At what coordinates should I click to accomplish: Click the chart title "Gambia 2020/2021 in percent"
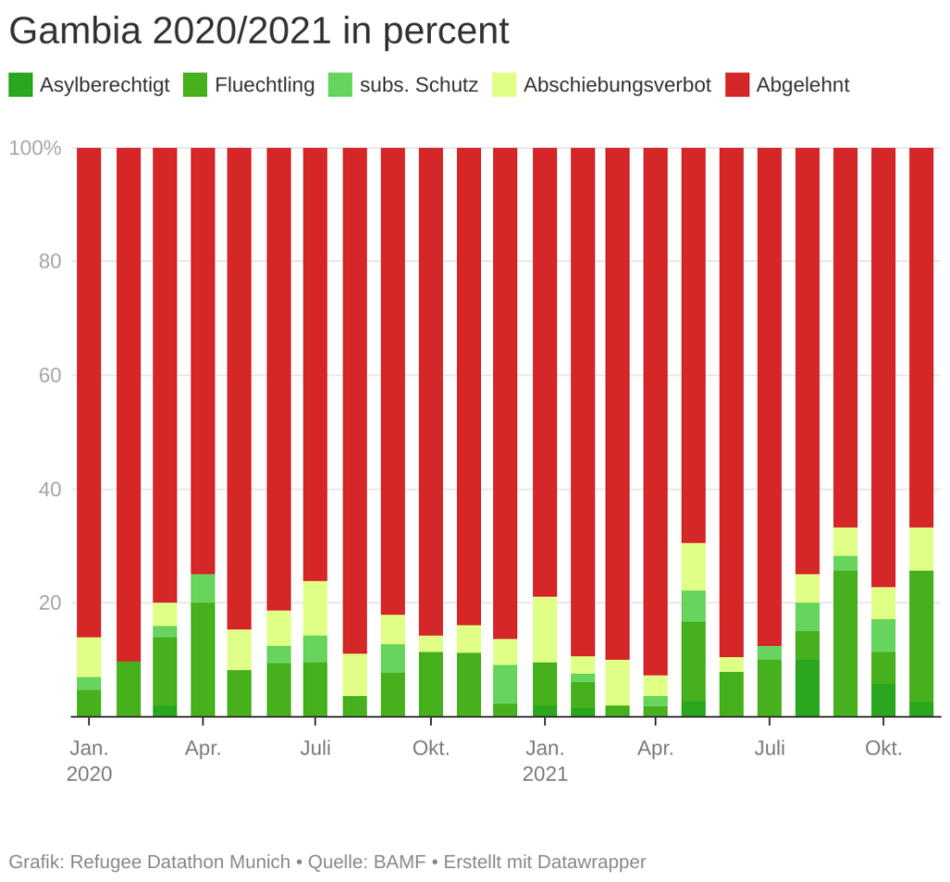tap(259, 33)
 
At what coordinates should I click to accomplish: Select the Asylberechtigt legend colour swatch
tap(20, 86)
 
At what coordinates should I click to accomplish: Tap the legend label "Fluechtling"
tap(265, 86)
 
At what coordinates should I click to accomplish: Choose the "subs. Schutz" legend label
tap(419, 86)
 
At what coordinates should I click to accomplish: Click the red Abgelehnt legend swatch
tap(737, 86)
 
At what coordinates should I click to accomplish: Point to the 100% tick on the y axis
tap(35, 149)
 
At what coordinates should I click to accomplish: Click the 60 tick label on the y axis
tap(49, 375)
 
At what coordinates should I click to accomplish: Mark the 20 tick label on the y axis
tap(49, 603)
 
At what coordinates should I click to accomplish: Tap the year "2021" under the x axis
tap(544, 774)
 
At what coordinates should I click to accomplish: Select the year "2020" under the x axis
tap(89, 774)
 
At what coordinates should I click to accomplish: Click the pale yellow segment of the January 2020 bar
tap(89, 657)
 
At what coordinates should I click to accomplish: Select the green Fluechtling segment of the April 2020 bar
tap(202, 659)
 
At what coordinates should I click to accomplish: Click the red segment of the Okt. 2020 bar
tap(430, 390)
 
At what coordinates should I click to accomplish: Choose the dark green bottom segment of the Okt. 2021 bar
tap(883, 700)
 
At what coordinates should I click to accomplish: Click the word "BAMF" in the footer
tap(395, 862)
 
